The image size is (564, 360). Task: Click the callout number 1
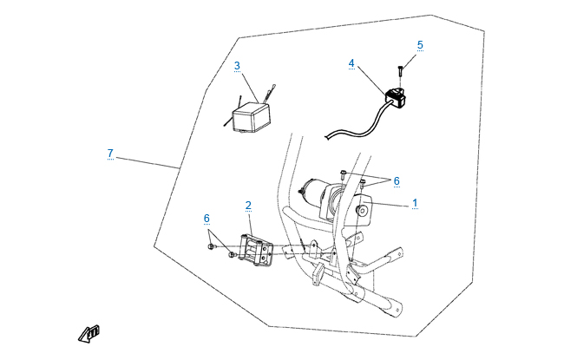pyautogui.click(x=415, y=203)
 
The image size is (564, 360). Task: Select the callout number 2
pyautogui.click(x=248, y=206)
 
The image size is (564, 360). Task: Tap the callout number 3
pyautogui.click(x=237, y=66)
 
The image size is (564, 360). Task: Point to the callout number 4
pyautogui.click(x=351, y=63)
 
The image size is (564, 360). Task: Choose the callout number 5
pyautogui.click(x=420, y=45)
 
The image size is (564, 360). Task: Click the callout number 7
pyautogui.click(x=110, y=154)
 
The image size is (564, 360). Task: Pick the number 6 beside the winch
pyautogui.click(x=397, y=181)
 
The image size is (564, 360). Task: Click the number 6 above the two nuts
pyautogui.click(x=207, y=219)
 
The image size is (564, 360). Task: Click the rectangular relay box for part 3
pyautogui.click(x=251, y=117)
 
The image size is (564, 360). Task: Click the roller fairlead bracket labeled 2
pyautogui.click(x=256, y=251)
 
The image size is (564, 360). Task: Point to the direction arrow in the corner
pyautogui.click(x=89, y=334)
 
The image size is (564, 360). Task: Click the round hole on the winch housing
pyautogui.click(x=362, y=210)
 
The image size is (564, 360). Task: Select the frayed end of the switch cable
pyautogui.click(x=327, y=137)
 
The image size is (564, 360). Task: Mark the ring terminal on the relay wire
pyautogui.click(x=274, y=86)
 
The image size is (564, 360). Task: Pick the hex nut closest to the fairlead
pyautogui.click(x=232, y=255)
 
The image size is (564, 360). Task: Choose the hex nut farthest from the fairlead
pyautogui.click(x=211, y=246)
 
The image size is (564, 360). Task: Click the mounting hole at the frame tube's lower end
pyautogui.click(x=397, y=310)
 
